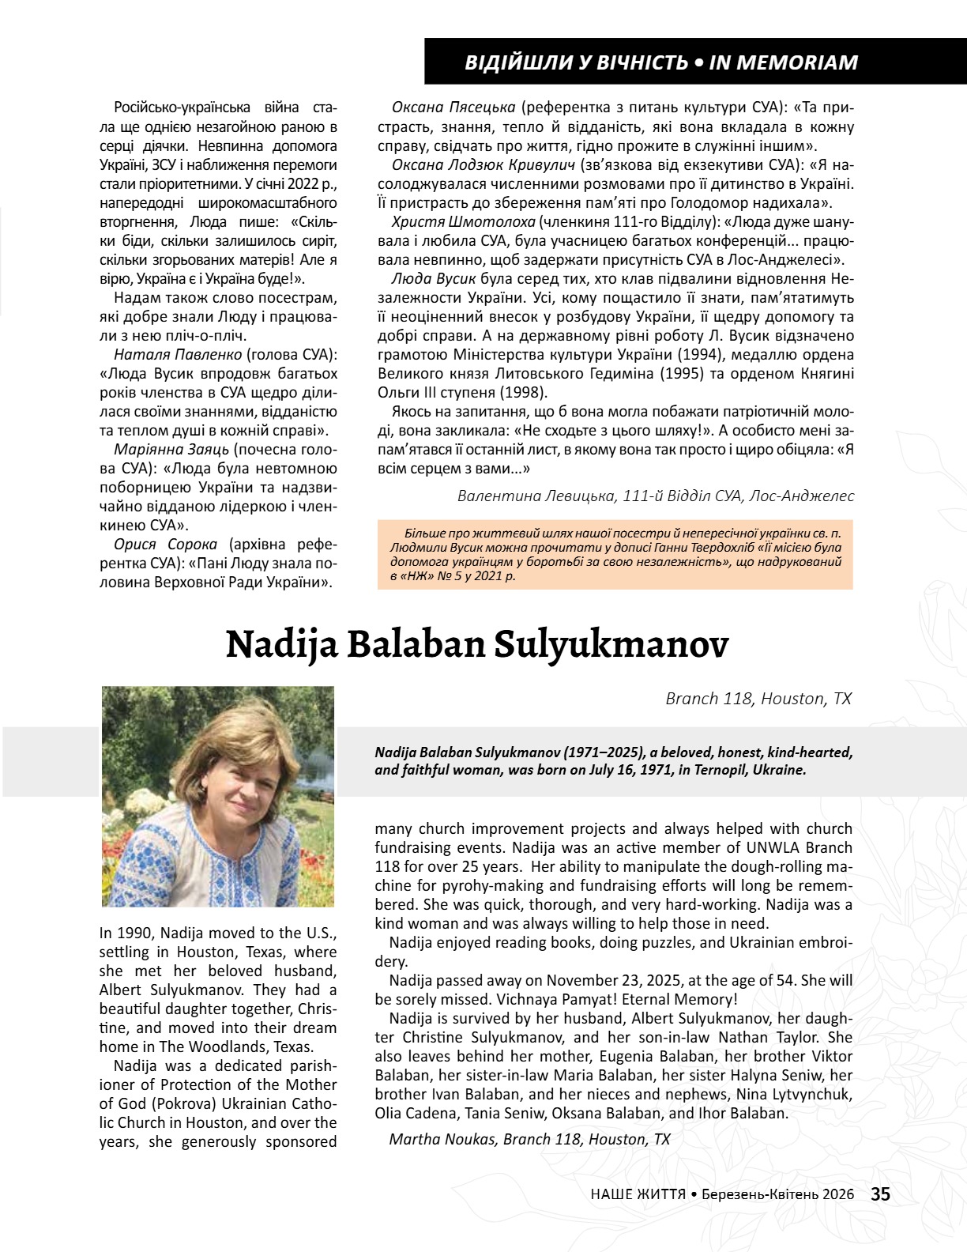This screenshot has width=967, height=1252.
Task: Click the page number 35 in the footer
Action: (x=881, y=1194)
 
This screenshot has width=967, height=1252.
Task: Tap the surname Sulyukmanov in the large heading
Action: (x=612, y=644)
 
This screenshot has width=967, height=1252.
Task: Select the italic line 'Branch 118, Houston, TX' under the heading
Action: (x=758, y=699)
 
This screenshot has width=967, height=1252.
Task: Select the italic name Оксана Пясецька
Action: (x=453, y=107)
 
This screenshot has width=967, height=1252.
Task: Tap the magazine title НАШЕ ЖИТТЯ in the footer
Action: (x=638, y=1195)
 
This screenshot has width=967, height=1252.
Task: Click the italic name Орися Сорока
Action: (x=165, y=544)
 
